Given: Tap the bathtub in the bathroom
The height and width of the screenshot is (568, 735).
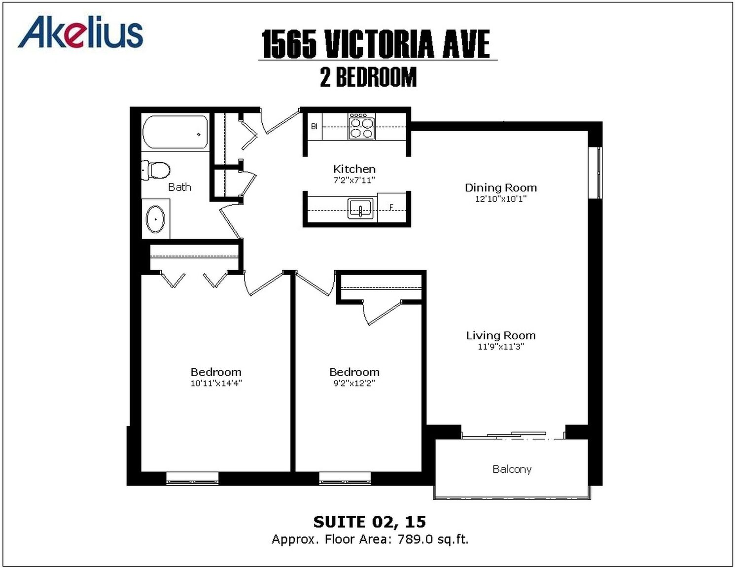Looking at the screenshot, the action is pyautogui.click(x=175, y=132).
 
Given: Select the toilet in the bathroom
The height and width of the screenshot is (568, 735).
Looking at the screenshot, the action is pyautogui.click(x=155, y=170).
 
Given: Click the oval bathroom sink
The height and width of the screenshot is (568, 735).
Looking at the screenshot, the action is pyautogui.click(x=155, y=219).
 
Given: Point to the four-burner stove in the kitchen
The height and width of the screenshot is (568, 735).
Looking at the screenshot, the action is pyautogui.click(x=362, y=126).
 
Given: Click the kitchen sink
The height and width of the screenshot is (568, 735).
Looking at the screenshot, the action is pyautogui.click(x=360, y=209).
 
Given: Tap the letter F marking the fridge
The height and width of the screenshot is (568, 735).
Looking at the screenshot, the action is pyautogui.click(x=391, y=207).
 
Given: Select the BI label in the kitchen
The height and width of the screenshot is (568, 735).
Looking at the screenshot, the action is pyautogui.click(x=314, y=127).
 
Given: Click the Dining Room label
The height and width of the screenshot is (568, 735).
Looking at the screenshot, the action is pyautogui.click(x=500, y=187).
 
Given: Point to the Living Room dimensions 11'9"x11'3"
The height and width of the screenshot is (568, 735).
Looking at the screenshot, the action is pyautogui.click(x=500, y=347).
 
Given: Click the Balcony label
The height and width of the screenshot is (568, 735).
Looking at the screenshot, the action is pyautogui.click(x=512, y=469).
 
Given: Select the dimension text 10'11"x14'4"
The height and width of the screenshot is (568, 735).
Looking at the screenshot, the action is pyautogui.click(x=216, y=383).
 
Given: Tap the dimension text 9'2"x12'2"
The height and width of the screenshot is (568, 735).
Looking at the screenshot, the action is pyautogui.click(x=354, y=383).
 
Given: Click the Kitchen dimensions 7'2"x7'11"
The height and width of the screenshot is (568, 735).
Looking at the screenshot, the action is pyautogui.click(x=354, y=180).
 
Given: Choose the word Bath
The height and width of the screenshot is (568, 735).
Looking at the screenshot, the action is pyautogui.click(x=179, y=187).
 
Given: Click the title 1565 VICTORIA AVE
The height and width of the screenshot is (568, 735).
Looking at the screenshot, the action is pyautogui.click(x=376, y=44).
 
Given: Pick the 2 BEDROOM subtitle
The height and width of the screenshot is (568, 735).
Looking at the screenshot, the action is pyautogui.click(x=368, y=77).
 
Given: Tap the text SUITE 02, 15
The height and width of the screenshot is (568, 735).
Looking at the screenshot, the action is pyautogui.click(x=370, y=522).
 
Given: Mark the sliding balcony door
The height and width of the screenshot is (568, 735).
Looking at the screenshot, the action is pyautogui.click(x=514, y=436).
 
